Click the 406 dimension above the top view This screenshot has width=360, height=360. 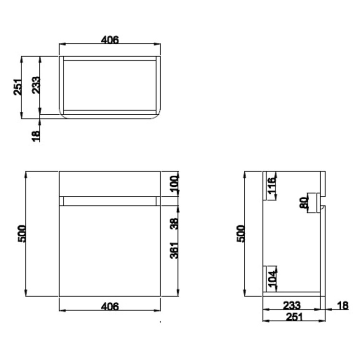pos(110,39)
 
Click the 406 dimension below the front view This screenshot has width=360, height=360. pos(110,306)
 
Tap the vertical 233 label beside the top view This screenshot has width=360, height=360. pos(36,86)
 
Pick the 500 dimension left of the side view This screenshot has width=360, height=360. pos(241,234)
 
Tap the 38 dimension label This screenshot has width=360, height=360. pos(174,224)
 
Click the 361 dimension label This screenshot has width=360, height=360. pos(174,250)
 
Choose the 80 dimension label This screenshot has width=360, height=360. pos(303,203)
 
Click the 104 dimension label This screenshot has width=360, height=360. pos(272,279)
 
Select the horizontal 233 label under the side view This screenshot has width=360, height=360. pos(291,305)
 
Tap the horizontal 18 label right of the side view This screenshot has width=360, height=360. pos(343,305)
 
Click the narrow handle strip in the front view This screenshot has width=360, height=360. pos(110,201)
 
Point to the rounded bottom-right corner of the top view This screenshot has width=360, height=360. pos(156,113)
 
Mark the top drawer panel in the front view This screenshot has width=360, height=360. pos(110,183)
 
